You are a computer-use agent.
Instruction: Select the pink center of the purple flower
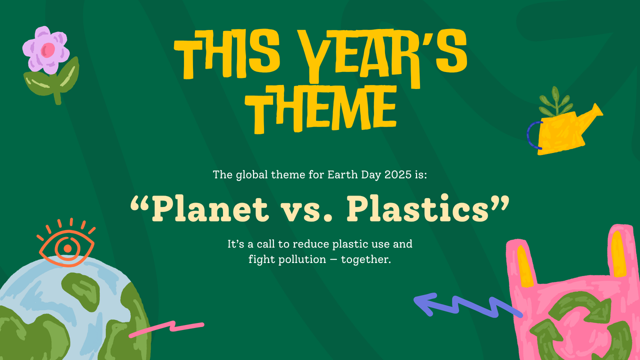48,49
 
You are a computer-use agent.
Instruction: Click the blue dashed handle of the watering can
532,135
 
